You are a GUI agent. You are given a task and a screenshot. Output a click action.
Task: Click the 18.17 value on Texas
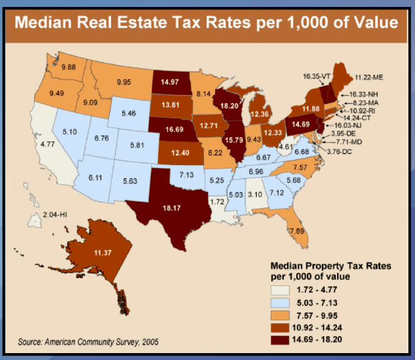pos(172,208)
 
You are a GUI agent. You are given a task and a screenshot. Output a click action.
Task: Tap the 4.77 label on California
pos(48,144)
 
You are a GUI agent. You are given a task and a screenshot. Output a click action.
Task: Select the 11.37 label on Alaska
pos(103,253)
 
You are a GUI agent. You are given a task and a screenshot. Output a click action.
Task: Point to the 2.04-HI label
pos(55,214)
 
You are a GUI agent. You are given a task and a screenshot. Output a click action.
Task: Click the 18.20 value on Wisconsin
pos(229,106)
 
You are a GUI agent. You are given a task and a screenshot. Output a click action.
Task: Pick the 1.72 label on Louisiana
pos(217,202)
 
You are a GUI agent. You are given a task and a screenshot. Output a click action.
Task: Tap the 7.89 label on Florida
pos(297,231)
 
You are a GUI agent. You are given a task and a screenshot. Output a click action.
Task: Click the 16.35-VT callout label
pos(316,77)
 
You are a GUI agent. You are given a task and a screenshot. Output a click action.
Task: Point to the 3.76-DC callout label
pos(339,151)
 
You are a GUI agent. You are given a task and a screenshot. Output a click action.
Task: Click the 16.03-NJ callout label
pos(348,125)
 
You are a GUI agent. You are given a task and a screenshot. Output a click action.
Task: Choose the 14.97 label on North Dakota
pos(170,82)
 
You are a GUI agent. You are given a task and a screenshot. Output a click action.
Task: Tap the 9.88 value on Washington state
pos(68,67)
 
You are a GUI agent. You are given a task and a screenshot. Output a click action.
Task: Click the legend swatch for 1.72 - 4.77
pos(280,290)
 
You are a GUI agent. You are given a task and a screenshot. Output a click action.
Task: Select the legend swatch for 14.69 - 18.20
pos(280,340)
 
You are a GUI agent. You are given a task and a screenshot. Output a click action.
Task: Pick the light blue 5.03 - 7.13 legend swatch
pos(280,303)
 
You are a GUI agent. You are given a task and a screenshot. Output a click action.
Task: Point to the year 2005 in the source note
pos(150,342)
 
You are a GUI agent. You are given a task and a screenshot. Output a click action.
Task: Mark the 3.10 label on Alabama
pos(255,195)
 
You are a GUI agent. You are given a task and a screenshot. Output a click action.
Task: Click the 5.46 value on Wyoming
pos(129,113)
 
